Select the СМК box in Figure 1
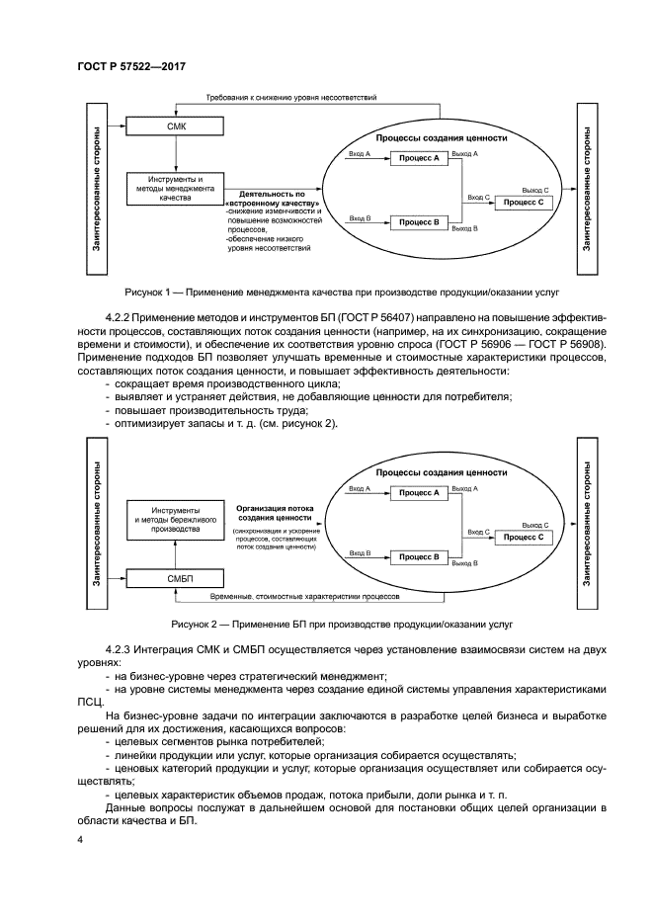174,126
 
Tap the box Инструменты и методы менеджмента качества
174,189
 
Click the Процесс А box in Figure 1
419,158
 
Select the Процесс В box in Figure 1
419,222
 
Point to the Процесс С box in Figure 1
524,202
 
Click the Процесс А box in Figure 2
419,492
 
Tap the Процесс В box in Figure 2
419,557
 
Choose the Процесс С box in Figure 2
524,537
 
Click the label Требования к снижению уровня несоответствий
290,99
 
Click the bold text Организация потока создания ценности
276,511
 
